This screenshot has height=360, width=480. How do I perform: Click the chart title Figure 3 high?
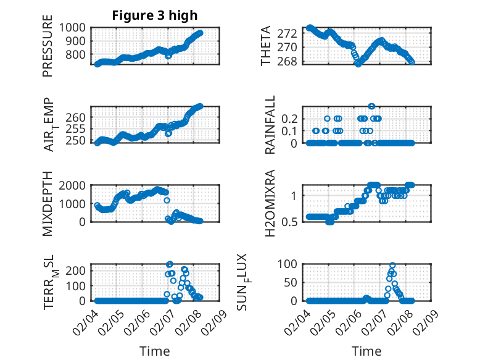[x=154, y=15]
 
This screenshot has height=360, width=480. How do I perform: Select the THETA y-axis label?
[x=266, y=46]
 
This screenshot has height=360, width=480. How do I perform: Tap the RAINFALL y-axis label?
[x=270, y=125]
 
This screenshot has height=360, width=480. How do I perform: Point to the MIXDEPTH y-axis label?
[x=48, y=204]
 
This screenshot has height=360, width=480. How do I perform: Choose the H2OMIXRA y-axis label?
[x=270, y=204]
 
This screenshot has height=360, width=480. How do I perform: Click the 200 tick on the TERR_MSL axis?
[x=78, y=270]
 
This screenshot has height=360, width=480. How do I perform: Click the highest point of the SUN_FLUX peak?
[x=392, y=266]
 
